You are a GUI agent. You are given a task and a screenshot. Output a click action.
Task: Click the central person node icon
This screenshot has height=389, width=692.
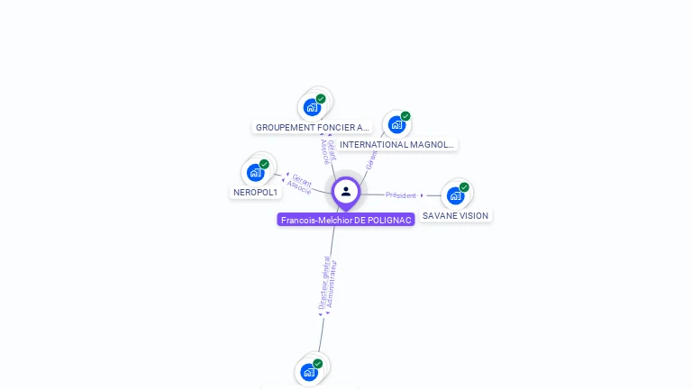point(346,191)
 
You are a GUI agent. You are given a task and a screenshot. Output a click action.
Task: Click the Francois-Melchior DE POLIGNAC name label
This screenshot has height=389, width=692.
point(346,220)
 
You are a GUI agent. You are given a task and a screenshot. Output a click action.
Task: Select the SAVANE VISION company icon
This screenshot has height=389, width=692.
point(455,194)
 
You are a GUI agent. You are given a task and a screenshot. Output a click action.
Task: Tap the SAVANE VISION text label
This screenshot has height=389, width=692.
point(456,216)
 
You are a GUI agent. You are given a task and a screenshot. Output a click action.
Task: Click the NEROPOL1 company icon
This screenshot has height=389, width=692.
point(256,172)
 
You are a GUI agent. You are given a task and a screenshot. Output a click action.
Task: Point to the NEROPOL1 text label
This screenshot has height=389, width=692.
point(256,193)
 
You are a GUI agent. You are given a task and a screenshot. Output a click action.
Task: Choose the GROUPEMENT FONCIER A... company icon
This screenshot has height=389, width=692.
point(312,107)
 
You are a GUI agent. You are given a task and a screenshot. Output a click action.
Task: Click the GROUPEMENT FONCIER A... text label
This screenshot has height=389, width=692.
point(312,128)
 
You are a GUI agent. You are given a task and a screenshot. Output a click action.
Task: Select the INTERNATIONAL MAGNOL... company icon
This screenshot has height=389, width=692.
point(396,124)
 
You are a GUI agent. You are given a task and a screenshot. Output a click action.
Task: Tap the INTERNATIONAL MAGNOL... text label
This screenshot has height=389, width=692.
point(397,144)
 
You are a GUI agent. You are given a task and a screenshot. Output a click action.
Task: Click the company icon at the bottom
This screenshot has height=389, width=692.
point(309,371)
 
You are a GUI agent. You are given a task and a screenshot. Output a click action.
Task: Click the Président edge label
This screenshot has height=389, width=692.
point(401,195)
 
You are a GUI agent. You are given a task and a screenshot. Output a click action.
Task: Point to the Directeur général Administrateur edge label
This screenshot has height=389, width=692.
point(328,285)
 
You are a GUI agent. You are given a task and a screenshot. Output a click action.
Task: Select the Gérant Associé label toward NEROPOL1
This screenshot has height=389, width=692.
point(300,184)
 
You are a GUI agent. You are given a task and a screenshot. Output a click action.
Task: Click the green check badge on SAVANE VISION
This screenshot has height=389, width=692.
point(464,187)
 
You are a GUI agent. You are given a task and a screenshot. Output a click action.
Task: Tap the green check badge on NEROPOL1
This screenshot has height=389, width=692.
point(264,165)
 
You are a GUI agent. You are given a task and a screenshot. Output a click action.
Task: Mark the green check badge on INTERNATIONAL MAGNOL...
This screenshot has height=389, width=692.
point(405,116)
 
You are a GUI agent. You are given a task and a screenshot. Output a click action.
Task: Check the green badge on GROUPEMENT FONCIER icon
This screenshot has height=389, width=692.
point(321,99)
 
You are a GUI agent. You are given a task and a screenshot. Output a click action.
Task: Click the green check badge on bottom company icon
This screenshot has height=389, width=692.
point(317,364)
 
